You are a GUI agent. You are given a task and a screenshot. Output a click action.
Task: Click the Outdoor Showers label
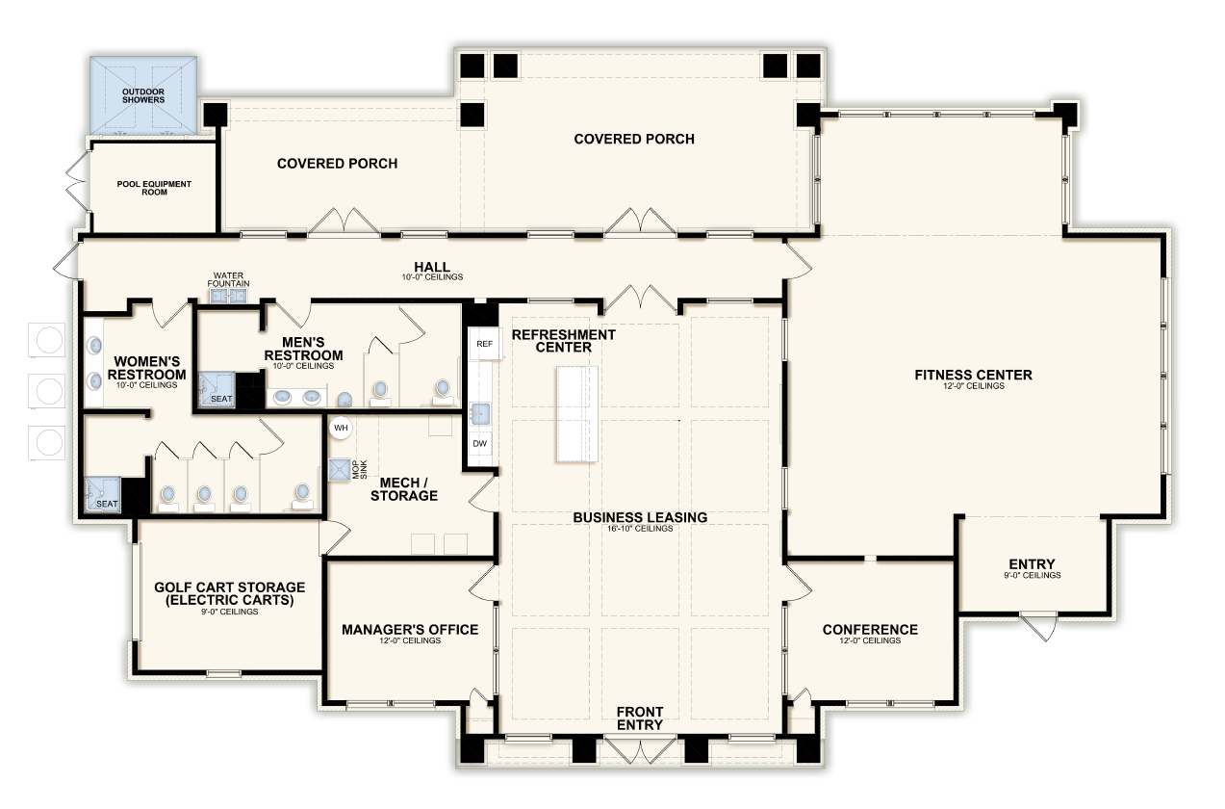pyautogui.click(x=143, y=95)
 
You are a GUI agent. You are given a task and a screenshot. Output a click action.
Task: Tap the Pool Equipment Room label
pyautogui.click(x=154, y=188)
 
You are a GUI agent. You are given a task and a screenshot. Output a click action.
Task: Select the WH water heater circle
pyautogui.click(x=341, y=428)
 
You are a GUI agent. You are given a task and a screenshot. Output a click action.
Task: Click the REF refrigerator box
pyautogui.click(x=485, y=344)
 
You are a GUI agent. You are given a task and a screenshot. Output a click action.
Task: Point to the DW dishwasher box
pyautogui.click(x=479, y=443)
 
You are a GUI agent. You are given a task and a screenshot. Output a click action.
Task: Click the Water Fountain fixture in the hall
pyautogui.click(x=229, y=296)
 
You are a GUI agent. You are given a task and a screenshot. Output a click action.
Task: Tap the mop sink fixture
pyautogui.click(x=339, y=470)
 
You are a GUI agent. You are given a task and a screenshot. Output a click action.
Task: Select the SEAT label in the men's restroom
pyautogui.click(x=221, y=399)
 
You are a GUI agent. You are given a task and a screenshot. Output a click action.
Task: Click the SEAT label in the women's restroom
pyautogui.click(x=107, y=504)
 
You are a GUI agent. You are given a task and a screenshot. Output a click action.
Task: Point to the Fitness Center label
pyautogui.click(x=974, y=375)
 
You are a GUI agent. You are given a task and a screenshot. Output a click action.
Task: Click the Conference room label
pyautogui.click(x=870, y=630)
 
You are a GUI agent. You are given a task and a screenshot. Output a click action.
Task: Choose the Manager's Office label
pyautogui.click(x=410, y=630)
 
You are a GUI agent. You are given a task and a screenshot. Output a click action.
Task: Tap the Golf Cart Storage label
pyautogui.click(x=230, y=594)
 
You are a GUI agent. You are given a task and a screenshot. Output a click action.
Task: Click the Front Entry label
pyautogui.click(x=640, y=718)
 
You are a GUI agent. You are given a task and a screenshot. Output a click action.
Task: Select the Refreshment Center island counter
pyautogui.click(x=577, y=414)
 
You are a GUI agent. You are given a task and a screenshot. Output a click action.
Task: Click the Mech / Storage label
pyautogui.click(x=404, y=489)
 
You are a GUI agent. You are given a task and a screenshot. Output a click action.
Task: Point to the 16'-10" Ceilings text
pyautogui.click(x=640, y=529)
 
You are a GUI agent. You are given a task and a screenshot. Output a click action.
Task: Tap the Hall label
pyautogui.click(x=432, y=267)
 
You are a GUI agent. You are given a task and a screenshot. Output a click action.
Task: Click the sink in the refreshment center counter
pyautogui.click(x=480, y=413)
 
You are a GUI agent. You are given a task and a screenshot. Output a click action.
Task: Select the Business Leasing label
pyautogui.click(x=640, y=517)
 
